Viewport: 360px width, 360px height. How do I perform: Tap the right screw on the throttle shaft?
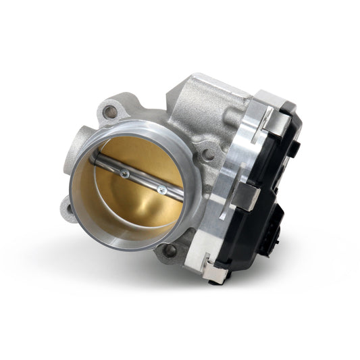tap(161, 190)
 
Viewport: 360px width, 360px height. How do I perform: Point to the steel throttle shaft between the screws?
tap(143, 181)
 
